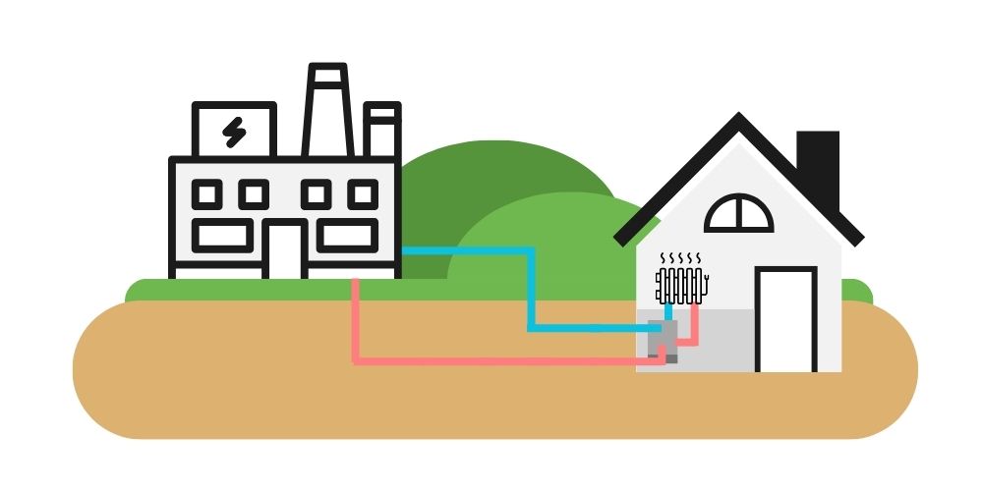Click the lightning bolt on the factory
pos(234,132)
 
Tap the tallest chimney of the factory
pos(327,110)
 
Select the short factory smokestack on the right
pos(381,131)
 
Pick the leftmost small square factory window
pos(206,193)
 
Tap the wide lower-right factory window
pos(346,235)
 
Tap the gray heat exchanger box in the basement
pos(663,339)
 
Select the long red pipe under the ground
pos(491,360)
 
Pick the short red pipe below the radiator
pos(695,324)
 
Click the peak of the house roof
pos(736,119)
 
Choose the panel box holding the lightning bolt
pos(235,132)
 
